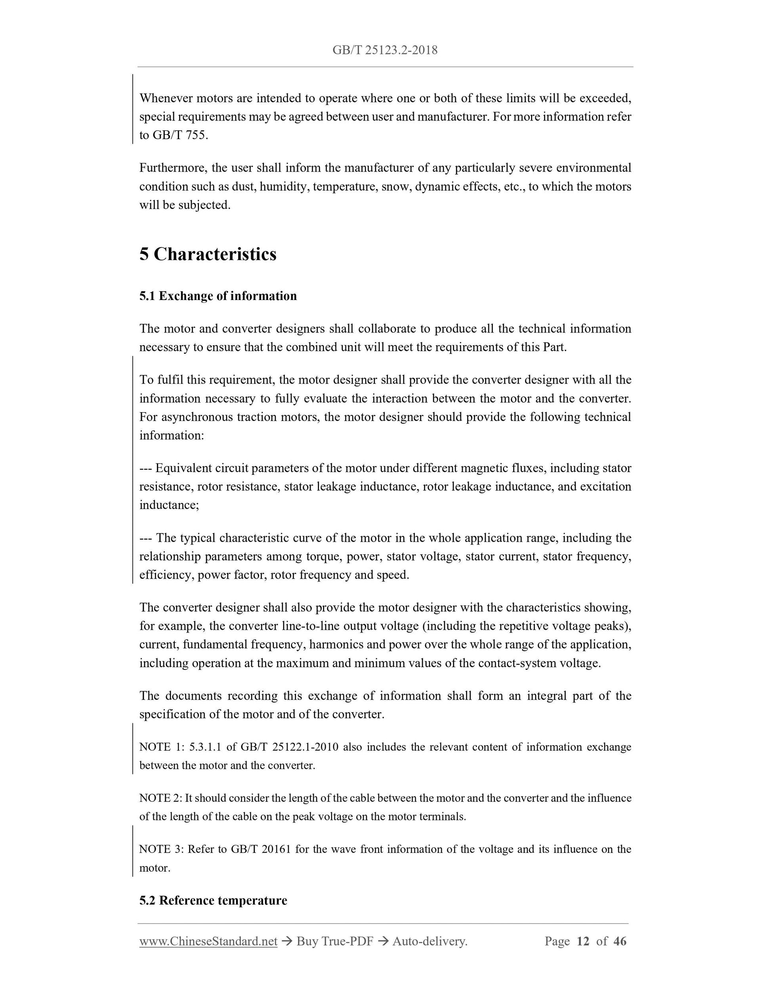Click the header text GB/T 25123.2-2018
385,50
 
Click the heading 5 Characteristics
208,254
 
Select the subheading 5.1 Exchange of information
218,296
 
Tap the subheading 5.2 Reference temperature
213,900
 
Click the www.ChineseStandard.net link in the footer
208,941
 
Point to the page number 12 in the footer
583,941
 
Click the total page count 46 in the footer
619,941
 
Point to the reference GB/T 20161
261,849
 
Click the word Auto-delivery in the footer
429,941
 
